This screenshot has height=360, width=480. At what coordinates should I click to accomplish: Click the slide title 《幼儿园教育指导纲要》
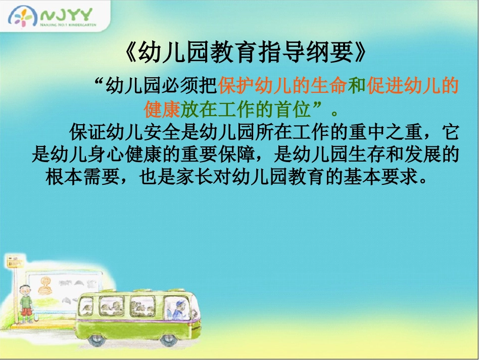[x=245, y=52]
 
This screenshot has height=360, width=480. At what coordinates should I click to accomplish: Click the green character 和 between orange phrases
[x=357, y=87]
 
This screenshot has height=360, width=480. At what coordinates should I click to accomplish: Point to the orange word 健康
[x=162, y=109]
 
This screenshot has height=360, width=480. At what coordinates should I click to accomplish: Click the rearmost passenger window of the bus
[x=86, y=305]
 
